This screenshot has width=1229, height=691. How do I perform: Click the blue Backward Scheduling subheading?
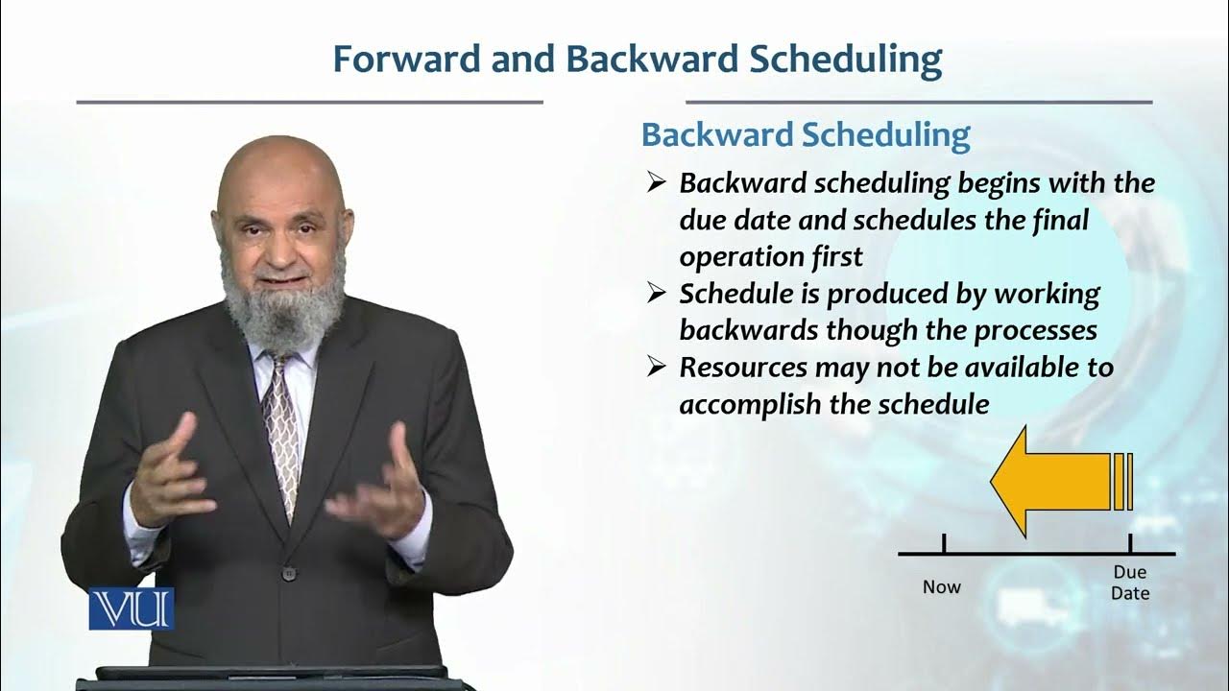click(x=806, y=134)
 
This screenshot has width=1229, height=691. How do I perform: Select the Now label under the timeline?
click(x=941, y=586)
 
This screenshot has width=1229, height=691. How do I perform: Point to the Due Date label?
click(x=1130, y=583)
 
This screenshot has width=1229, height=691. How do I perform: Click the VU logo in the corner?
click(x=132, y=608)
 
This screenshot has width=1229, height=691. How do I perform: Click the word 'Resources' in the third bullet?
click(x=742, y=368)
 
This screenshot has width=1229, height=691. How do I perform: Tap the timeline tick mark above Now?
click(x=945, y=544)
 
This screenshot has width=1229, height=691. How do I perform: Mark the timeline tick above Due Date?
click(x=1130, y=544)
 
